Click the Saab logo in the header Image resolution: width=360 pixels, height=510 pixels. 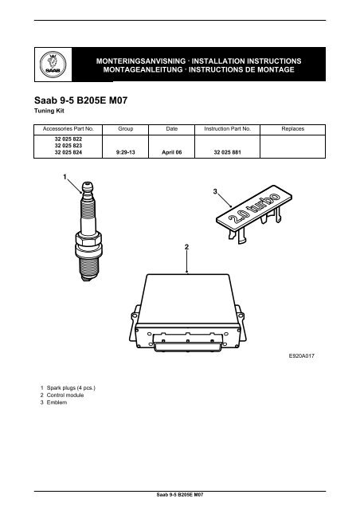(53, 64)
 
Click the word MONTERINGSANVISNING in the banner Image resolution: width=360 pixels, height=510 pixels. (141, 61)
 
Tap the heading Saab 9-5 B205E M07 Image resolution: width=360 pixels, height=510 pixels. (81, 100)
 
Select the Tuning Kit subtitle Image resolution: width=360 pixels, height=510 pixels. (49, 111)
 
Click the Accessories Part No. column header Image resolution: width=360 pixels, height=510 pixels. (68, 129)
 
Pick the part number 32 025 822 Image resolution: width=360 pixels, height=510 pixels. (68, 139)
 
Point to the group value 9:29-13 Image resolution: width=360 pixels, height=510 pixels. (126, 152)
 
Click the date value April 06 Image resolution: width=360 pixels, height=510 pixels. (172, 152)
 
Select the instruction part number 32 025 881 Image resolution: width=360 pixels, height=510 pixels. (227, 152)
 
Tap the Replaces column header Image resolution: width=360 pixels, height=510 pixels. (292, 129)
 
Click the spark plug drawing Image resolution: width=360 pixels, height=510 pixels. (88, 231)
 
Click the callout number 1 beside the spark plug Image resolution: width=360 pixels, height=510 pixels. (65, 177)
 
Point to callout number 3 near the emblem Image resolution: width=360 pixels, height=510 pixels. (215, 191)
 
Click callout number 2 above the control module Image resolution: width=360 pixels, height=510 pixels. (186, 247)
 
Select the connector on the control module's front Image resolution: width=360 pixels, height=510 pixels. (188, 342)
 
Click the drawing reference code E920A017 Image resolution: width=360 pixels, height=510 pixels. (302, 356)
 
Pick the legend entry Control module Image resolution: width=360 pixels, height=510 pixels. (65, 395)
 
